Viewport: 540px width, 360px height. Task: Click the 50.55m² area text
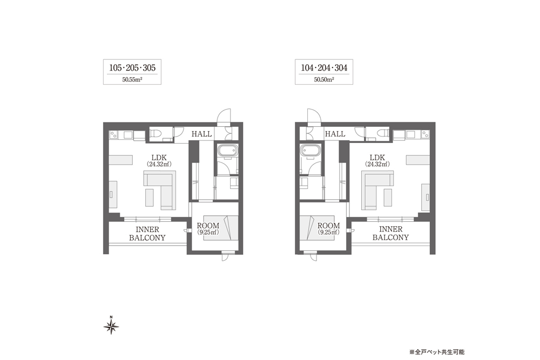[x=132, y=79]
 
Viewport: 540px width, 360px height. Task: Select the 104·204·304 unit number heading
[x=324, y=68]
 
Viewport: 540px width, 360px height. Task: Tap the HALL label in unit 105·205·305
[x=201, y=134]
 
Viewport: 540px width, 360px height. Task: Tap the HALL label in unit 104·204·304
[x=335, y=134]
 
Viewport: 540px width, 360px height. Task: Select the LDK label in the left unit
[x=158, y=158]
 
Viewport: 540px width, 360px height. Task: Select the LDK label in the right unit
[x=377, y=158]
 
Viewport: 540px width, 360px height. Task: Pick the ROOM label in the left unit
[x=208, y=226]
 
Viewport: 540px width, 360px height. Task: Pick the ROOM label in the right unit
[x=328, y=226]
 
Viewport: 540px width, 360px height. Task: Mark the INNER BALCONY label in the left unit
[x=147, y=234]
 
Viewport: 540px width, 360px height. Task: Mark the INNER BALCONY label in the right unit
[x=390, y=233]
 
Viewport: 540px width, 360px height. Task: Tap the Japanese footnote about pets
[x=437, y=352]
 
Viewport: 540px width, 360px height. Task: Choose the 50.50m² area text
[x=324, y=79]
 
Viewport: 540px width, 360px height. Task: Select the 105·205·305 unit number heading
[x=132, y=68]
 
